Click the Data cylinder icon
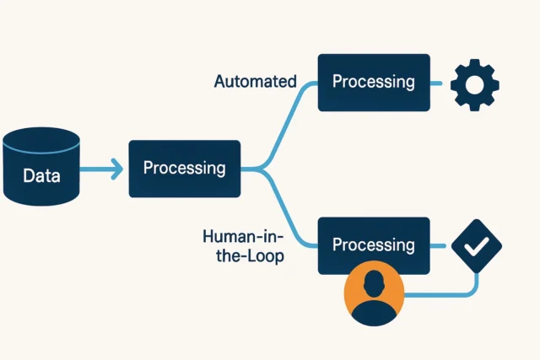pos(40,168)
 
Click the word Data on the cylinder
pos(40,176)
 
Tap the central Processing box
pos(184,169)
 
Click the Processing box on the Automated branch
pos(373,83)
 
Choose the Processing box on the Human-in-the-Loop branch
pos(373,244)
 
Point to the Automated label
pos(255,82)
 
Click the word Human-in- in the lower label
pos(243,236)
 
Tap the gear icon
pos(474,83)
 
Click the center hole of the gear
pos(474,83)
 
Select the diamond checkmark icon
pos(477,245)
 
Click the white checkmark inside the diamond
pos(477,245)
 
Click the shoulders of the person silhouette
pos(374,314)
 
